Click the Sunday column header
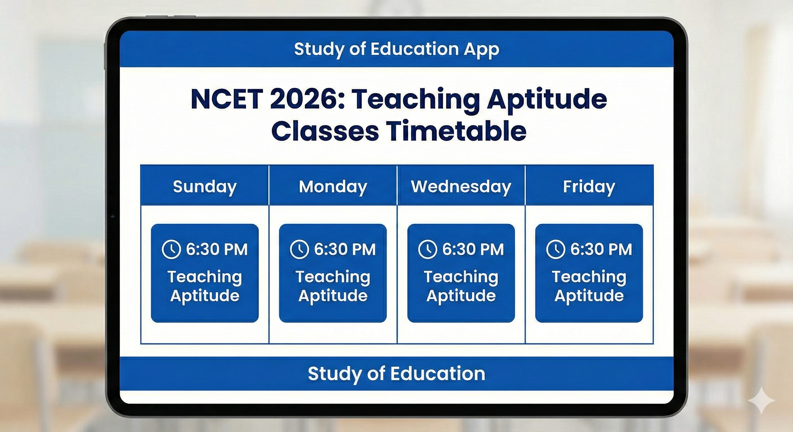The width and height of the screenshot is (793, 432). coord(205,186)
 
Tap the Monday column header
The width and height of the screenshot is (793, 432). coord(333,186)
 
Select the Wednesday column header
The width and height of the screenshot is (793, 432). coord(461,186)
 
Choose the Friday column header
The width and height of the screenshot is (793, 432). coord(589,186)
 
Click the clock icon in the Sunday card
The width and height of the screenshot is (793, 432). coord(171,249)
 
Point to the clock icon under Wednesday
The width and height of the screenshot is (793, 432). coord(427,249)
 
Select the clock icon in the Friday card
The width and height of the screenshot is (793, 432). coord(555,249)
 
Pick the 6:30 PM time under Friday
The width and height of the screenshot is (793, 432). coord(601,249)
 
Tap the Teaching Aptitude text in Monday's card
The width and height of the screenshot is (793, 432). coord(333,286)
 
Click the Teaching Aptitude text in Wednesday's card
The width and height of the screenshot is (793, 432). coord(461,286)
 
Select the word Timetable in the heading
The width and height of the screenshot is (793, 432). coord(456,131)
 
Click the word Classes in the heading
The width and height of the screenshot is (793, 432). coord(325,131)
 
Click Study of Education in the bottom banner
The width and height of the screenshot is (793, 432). coord(396,373)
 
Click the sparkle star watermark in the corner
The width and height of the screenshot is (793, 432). coord(761,400)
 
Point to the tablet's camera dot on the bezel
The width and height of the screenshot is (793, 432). coord(113,217)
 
